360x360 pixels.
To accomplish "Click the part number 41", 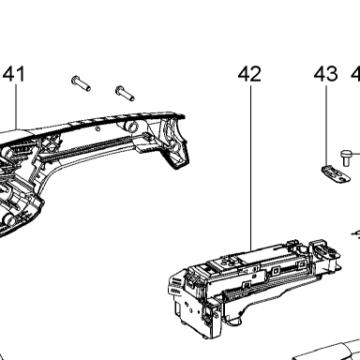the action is coord(14,74).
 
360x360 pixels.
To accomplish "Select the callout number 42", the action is coord(249,74).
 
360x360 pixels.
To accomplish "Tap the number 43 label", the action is coord(326,74).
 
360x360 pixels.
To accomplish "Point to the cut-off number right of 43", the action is coord(355,74).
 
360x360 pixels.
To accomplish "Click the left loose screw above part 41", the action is coord(81,83).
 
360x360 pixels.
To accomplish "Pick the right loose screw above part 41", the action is coord(125,93).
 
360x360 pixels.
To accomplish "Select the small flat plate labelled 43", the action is coord(336,174).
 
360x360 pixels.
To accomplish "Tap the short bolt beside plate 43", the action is coord(346,157).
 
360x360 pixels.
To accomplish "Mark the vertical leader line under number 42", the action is coord(250,168).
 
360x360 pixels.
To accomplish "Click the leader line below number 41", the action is coord(16,107).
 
